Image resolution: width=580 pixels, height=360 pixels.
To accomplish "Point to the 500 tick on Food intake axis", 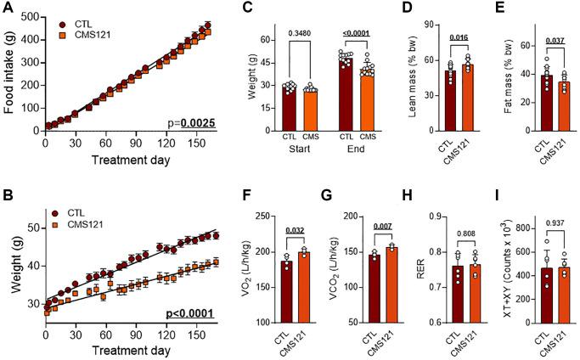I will pyautogui.click(x=32, y=17).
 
